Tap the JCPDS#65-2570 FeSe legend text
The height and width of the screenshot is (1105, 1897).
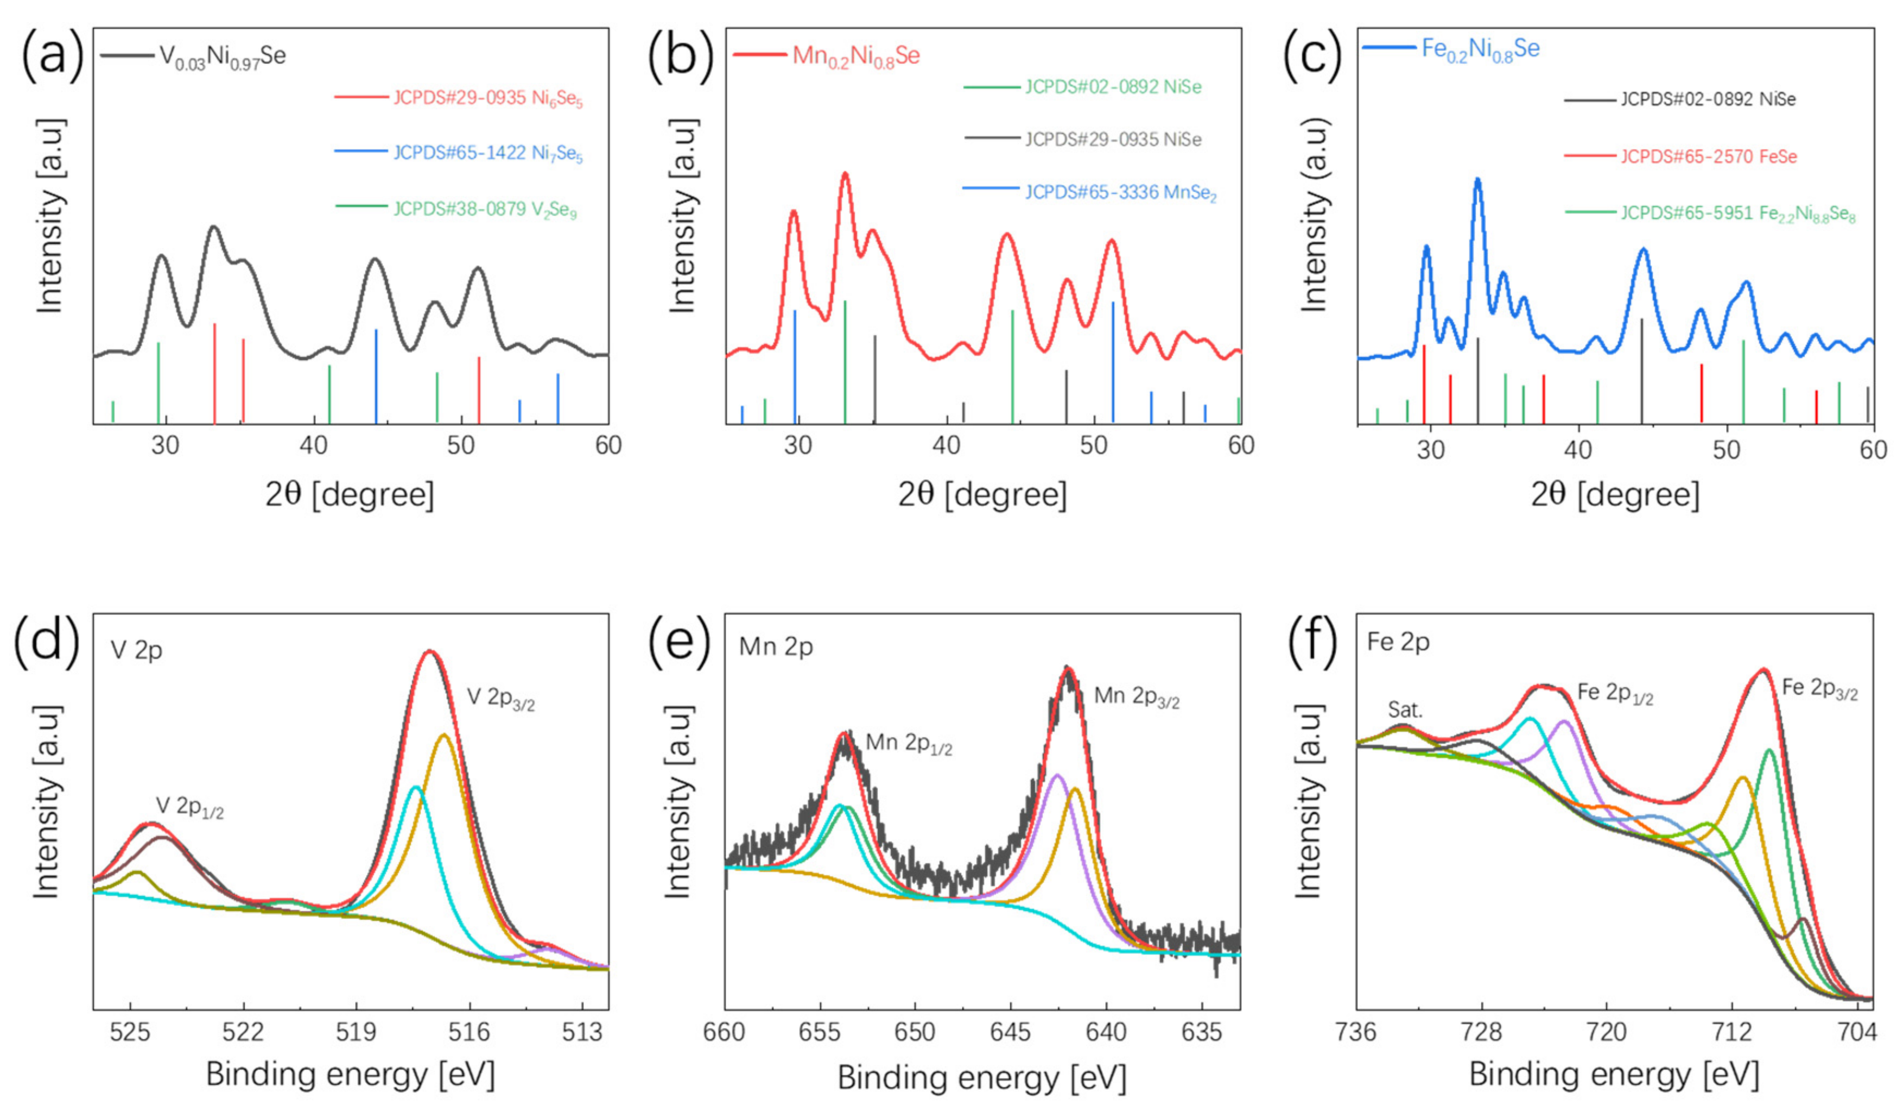coord(1708,156)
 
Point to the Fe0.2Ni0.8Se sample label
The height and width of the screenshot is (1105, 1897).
coord(1480,49)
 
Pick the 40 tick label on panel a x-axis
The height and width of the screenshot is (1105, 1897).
coord(313,446)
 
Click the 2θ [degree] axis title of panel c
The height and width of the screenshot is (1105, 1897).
coord(1614,495)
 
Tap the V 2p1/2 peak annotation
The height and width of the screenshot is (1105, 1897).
coord(190,807)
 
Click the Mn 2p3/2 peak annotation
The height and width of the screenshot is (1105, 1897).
coord(1136,697)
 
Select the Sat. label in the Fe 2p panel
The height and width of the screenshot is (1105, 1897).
coord(1405,710)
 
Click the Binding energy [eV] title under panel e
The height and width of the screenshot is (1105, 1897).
coord(982,1078)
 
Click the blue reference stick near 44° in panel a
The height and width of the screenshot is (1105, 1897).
coord(376,375)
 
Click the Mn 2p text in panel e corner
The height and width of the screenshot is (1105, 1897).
coord(776,647)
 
